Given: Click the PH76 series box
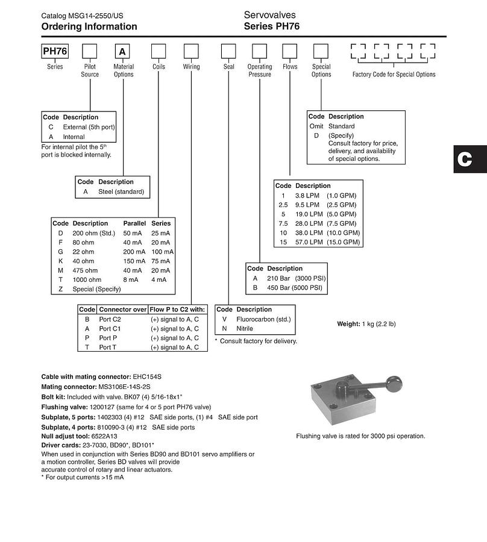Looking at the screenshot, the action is pyautogui.click(x=55, y=51).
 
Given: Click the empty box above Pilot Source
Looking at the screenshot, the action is pyautogui.click(x=90, y=51).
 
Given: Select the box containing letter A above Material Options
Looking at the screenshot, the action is pyautogui.click(x=122, y=51).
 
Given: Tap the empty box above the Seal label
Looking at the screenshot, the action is pyautogui.click(x=228, y=51).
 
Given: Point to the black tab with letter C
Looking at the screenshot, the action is pyautogui.click(x=470, y=159).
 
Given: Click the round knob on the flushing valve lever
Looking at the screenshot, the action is pyautogui.click(x=395, y=384).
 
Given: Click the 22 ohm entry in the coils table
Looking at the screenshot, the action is pyautogui.click(x=83, y=252).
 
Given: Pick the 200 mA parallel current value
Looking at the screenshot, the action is pyautogui.click(x=134, y=252).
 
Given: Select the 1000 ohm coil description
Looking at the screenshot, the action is pyautogui.click(x=87, y=280).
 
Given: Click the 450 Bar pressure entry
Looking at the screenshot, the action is pyautogui.click(x=278, y=288).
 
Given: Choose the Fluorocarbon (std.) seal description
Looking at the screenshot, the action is pyautogui.click(x=263, y=319).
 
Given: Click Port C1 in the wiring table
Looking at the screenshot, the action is pyautogui.click(x=110, y=329).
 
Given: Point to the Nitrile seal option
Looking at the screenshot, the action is pyautogui.click(x=245, y=329).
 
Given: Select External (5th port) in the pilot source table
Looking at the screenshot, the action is pyautogui.click(x=89, y=127).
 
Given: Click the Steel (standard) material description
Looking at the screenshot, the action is pyautogui.click(x=121, y=192).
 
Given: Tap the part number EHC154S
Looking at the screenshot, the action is pyautogui.click(x=147, y=377).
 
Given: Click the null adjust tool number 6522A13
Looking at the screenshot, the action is pyautogui.click(x=104, y=437).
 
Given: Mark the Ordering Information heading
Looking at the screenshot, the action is pyautogui.click(x=89, y=26).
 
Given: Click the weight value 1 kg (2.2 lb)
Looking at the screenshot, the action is pyautogui.click(x=379, y=324).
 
